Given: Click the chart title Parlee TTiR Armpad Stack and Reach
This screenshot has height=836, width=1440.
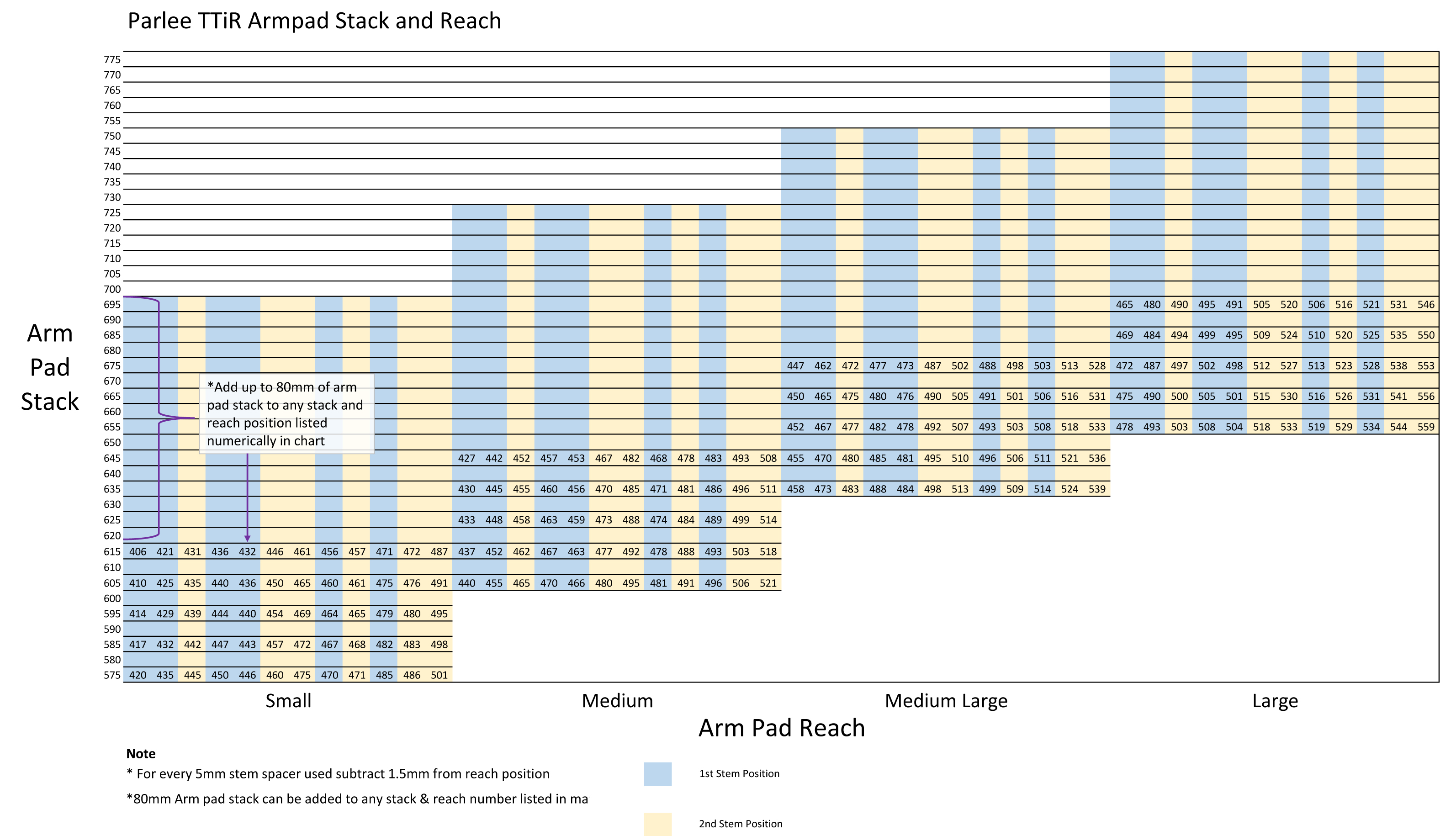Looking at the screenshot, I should [314, 21].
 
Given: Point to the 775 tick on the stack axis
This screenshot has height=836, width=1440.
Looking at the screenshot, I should [112, 59].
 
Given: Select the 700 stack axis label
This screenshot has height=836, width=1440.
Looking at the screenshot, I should [112, 289].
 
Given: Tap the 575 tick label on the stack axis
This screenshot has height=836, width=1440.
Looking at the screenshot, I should [112, 675].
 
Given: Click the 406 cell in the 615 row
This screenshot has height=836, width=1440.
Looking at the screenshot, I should [138, 551].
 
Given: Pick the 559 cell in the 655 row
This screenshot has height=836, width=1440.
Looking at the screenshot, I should [1426, 427].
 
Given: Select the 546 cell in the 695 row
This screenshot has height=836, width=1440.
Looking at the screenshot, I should [1426, 305].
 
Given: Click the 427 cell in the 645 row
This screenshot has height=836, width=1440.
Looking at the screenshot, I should [466, 458].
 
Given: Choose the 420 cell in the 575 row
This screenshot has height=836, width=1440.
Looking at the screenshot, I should [138, 675].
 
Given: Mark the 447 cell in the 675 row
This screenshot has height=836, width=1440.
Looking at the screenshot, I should [795, 366].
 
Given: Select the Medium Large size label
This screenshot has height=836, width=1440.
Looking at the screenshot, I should [946, 701].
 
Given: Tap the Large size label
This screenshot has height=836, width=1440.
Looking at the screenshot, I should [1275, 701].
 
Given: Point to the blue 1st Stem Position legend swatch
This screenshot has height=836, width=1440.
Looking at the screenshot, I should [658, 774].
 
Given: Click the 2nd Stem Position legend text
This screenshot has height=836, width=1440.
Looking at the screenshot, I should [741, 823].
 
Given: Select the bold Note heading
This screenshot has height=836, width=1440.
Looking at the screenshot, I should [141, 754].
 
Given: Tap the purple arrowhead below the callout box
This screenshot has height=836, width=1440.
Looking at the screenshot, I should [248, 538].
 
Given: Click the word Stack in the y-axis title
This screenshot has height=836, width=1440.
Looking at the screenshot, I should [50, 402].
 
